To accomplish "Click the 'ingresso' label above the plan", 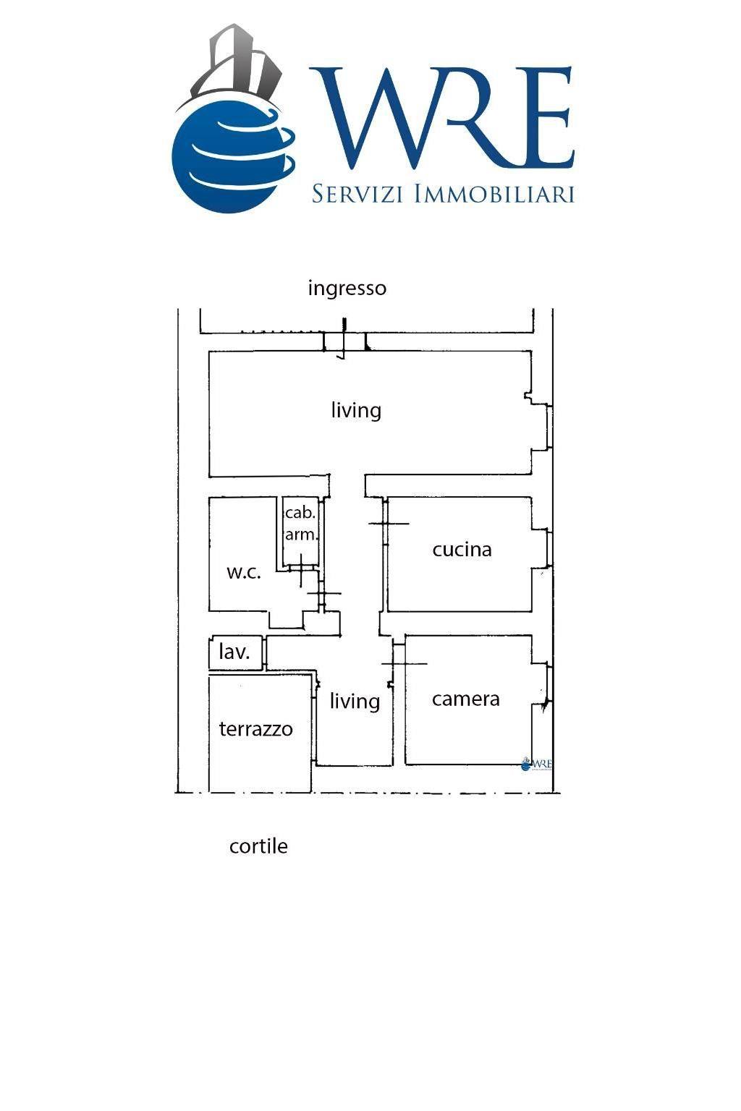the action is tap(347, 289).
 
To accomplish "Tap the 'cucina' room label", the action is tap(462, 550).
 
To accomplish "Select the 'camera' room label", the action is tap(465, 699).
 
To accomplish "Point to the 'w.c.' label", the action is tap(244, 572).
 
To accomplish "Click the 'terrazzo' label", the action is tap(255, 729).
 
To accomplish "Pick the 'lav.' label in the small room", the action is tap(234, 652).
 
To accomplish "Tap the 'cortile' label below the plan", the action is tap(258, 846).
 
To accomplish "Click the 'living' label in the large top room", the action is tap(356, 411).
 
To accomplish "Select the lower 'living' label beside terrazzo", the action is tap(355, 702).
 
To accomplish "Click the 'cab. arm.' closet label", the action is tap(301, 523).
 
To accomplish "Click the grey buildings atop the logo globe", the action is tap(237, 59).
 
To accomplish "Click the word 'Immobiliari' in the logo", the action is tap(494, 193).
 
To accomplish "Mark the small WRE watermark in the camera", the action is tap(536, 764).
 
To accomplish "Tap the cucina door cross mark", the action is tap(389, 523).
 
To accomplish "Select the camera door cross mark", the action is tap(404, 663).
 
